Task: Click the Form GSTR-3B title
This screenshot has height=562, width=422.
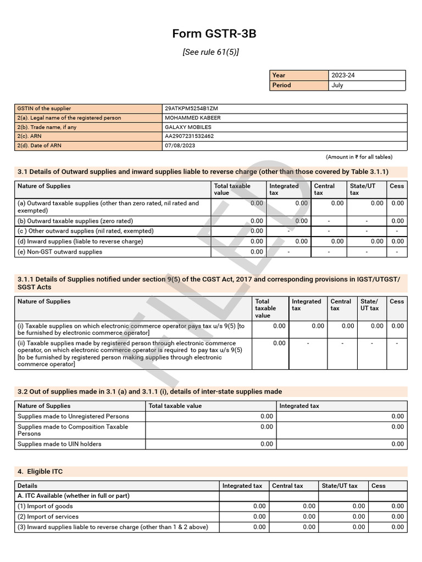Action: pos(214,34)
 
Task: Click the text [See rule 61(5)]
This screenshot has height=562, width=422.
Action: pos(210,52)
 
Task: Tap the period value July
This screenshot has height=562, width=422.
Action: pos(337,85)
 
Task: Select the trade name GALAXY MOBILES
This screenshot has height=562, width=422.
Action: pos(187,127)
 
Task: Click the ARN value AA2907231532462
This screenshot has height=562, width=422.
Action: pos(189,137)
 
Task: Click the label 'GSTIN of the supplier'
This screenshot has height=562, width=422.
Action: pos(44,109)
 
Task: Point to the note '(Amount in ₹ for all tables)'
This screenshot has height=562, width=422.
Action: pos(359,157)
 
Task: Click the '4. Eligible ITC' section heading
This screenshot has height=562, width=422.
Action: pos(43,471)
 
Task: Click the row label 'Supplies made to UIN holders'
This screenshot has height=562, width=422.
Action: pos(59,444)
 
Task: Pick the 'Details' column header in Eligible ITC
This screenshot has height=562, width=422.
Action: pos(27,486)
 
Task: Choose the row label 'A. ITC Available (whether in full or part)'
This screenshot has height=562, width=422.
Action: pos(74,496)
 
